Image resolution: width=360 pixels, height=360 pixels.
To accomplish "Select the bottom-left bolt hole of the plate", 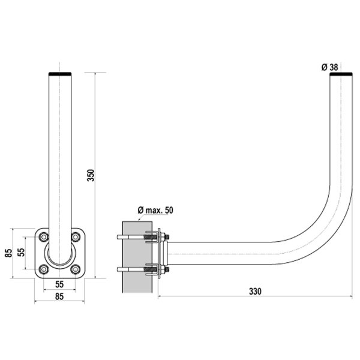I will [43, 269].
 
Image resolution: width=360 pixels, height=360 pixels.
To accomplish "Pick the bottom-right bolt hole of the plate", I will [75, 269].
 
